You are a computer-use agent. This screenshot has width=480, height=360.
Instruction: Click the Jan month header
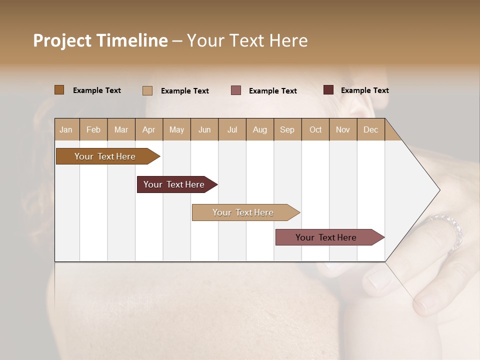(x=66, y=129)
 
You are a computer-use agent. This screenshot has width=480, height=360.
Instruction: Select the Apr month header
(x=148, y=129)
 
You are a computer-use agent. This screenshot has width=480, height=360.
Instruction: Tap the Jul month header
(x=232, y=129)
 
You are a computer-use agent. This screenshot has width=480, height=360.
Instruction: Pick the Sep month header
(x=287, y=129)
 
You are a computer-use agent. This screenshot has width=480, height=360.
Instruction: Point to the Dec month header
(x=370, y=129)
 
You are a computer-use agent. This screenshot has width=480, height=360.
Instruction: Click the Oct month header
(x=315, y=129)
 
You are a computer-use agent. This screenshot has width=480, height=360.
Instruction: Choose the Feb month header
(x=93, y=129)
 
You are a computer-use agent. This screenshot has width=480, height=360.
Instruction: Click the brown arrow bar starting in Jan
(x=105, y=156)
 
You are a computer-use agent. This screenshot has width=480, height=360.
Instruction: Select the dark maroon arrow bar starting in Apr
(x=174, y=184)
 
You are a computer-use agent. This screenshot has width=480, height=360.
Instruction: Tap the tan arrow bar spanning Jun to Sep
(x=243, y=212)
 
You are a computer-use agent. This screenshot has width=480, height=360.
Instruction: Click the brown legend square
(x=59, y=90)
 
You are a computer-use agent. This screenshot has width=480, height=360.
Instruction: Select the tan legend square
(x=147, y=90)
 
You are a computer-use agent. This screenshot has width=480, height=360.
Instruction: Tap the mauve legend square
(x=235, y=90)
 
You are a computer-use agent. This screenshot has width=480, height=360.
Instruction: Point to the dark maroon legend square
(x=328, y=90)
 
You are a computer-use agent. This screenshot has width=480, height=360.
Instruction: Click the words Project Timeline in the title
(x=100, y=40)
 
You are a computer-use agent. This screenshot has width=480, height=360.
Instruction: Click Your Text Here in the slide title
(x=247, y=40)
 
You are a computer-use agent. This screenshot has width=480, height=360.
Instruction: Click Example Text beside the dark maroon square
(x=364, y=90)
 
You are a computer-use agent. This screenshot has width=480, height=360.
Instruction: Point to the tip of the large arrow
(x=438, y=190)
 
